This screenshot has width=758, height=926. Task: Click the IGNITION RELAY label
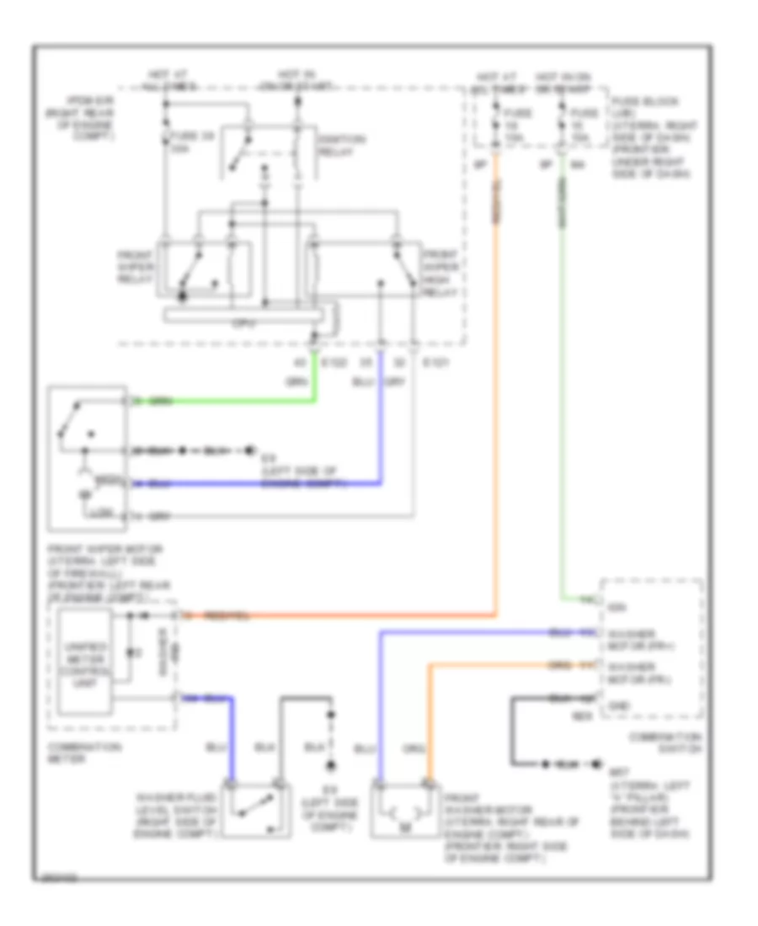331,146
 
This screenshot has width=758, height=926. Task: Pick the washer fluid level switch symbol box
255,810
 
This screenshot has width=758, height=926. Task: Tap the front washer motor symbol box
405,810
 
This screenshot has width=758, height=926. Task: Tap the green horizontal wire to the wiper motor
227,402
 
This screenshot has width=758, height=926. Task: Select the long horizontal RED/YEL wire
337,616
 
